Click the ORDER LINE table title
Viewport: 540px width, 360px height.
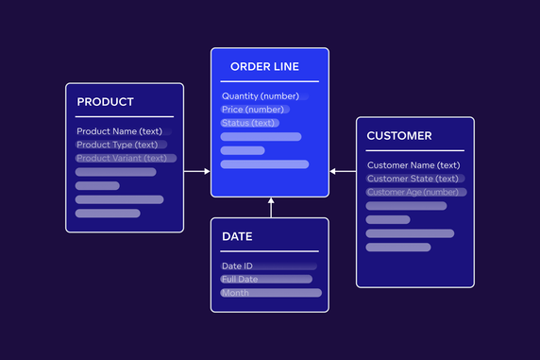point(265,67)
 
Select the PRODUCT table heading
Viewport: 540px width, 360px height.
point(106,102)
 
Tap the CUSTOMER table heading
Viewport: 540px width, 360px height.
point(399,136)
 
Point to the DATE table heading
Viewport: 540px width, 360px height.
point(237,236)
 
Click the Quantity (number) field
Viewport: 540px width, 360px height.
point(261,96)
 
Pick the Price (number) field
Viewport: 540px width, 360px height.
point(253,110)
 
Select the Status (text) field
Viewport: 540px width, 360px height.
point(248,123)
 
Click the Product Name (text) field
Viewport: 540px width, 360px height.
point(120,131)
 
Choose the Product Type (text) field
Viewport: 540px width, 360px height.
point(117,145)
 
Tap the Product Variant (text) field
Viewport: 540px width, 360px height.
point(122,158)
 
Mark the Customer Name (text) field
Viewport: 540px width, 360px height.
point(413,165)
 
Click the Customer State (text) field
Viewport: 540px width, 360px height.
point(413,179)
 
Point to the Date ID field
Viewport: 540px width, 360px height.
point(237,266)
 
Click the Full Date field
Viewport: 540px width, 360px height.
point(240,280)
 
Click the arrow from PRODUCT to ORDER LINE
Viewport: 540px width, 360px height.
point(196,172)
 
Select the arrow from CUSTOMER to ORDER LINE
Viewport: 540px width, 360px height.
point(343,172)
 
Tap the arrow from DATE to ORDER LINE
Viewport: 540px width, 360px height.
point(271,208)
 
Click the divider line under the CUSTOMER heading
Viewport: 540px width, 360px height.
point(415,151)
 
